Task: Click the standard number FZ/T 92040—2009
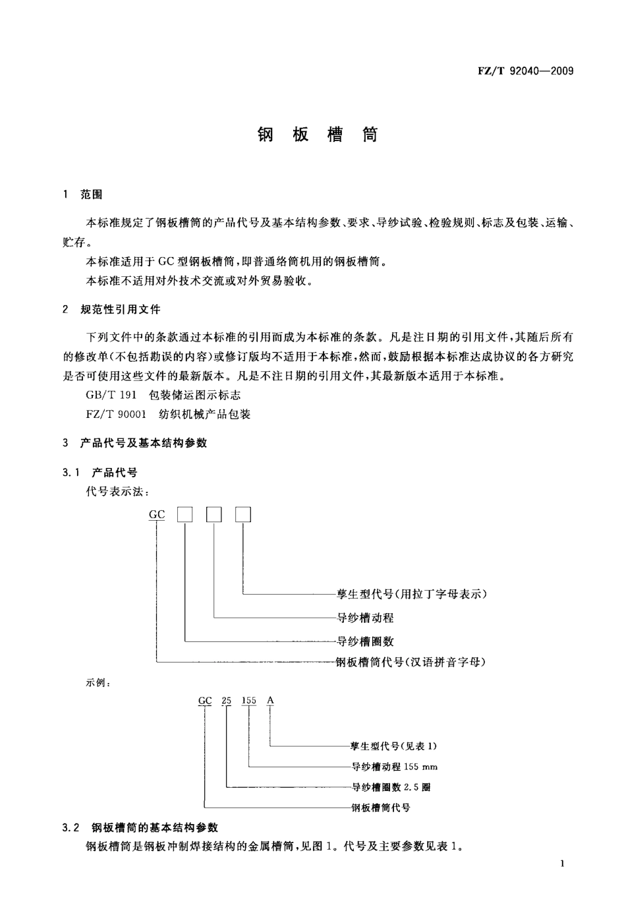[525, 71]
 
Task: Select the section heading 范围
[92, 194]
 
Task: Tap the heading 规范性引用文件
[120, 309]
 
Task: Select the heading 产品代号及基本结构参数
[144, 443]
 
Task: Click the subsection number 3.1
[71, 473]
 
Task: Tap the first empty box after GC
[185, 514]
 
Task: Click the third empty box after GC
[243, 514]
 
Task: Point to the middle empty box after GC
[214, 514]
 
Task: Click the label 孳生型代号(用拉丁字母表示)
[412, 594]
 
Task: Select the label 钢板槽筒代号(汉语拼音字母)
[412, 662]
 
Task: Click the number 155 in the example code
[248, 700]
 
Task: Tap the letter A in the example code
[270, 700]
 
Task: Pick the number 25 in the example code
[227, 700]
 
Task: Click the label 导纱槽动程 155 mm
[394, 767]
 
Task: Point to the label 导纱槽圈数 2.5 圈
[391, 787]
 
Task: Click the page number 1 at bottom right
[561, 864]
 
